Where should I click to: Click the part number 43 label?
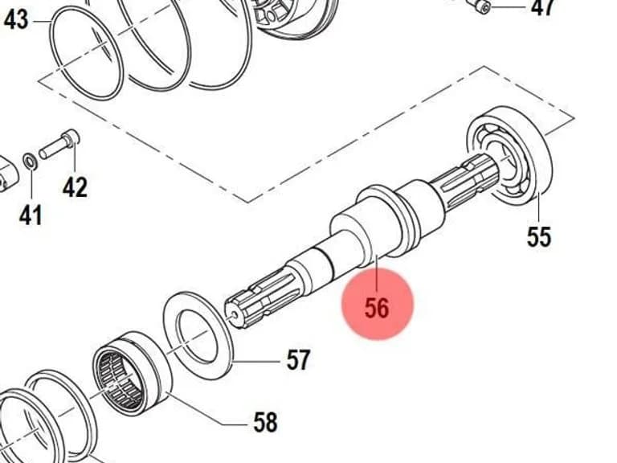(16, 19)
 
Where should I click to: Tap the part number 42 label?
(76, 187)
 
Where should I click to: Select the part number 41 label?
(31, 215)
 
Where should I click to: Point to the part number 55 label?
(539, 237)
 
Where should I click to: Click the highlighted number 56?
(377, 308)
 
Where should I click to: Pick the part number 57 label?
(298, 360)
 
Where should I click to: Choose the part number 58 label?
(265, 423)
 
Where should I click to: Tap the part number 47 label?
(543, 7)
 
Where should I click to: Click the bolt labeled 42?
(59, 144)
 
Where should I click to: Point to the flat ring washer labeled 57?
(198, 336)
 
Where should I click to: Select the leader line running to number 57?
(255, 362)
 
